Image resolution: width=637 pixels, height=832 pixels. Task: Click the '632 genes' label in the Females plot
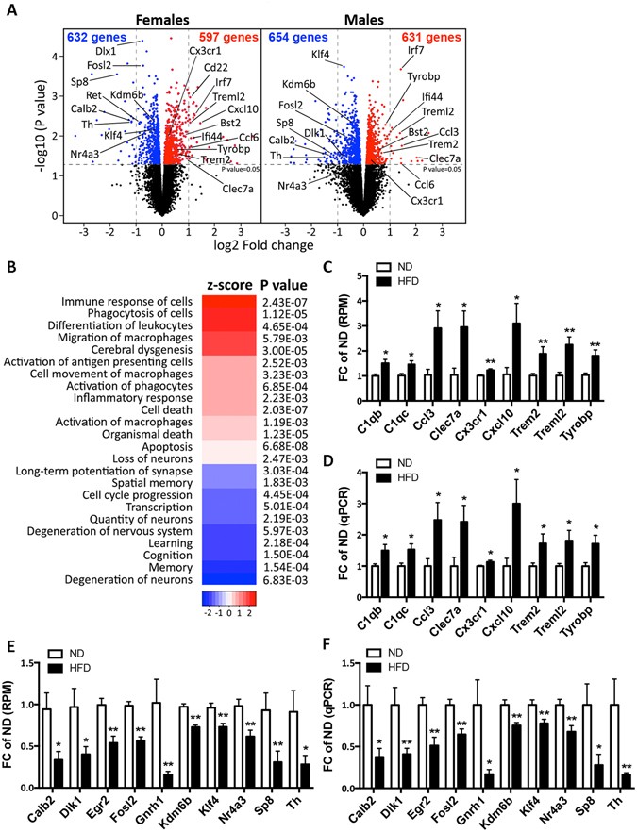pyautogui.click(x=95, y=36)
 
